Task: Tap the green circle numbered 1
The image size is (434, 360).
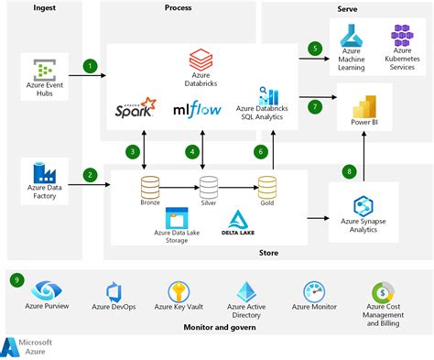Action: [90, 66]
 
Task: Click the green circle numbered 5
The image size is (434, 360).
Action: [315, 48]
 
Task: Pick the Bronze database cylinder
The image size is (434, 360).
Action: [150, 188]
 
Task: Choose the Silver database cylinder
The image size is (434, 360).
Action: [209, 188]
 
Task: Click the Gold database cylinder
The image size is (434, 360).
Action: [267, 188]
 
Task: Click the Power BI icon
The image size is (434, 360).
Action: [365, 101]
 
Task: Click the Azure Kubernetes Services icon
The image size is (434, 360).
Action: [403, 37]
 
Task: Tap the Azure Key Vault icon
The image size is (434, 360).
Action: [178, 292]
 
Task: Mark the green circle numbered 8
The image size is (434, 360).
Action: [348, 171]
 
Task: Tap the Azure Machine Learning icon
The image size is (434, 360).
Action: [353, 37]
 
